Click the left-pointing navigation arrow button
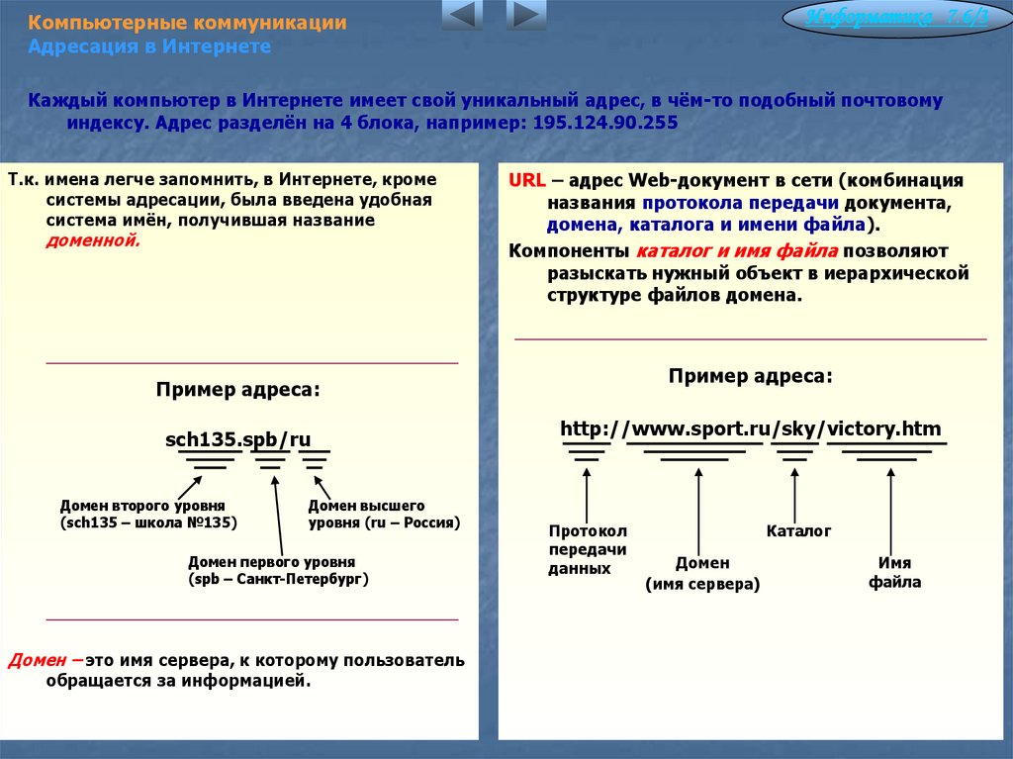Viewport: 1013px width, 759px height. coord(462,16)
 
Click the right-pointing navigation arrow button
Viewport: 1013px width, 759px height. coord(525,16)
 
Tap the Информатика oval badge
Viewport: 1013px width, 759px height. coord(896,19)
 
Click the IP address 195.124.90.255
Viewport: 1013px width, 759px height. coord(605,124)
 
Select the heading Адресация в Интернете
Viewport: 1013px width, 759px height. coord(149,47)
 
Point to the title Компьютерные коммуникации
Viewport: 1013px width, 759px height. coord(187,23)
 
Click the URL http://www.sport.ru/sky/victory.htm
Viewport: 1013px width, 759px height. coord(751,428)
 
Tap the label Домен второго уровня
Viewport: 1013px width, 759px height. coord(142,505)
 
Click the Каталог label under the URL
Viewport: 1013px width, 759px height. coord(798,531)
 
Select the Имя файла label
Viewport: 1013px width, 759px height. coord(894,573)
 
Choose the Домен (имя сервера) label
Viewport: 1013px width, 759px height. coord(702,574)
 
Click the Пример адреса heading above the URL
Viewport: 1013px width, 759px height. coord(750,376)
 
